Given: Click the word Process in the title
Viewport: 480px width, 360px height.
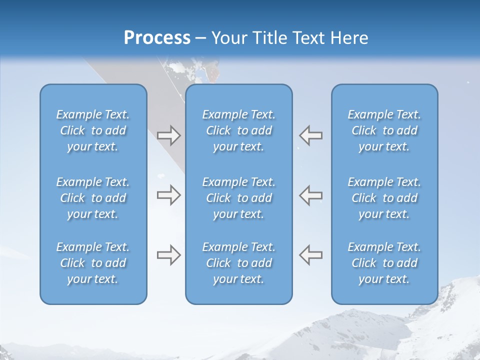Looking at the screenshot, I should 157,38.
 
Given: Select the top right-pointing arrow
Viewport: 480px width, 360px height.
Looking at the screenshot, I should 168,135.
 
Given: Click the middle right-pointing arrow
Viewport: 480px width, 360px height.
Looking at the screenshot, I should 168,195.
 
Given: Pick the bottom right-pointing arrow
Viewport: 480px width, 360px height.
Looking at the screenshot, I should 168,254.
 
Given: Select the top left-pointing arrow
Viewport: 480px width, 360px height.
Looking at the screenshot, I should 311,135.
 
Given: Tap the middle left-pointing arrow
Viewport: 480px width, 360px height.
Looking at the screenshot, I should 311,195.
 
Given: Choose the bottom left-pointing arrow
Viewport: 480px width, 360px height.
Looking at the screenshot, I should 311,254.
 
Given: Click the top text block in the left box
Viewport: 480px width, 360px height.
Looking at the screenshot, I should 93,130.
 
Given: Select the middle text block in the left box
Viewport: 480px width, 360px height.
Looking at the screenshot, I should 93,198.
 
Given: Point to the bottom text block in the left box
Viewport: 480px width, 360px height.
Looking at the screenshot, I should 93,263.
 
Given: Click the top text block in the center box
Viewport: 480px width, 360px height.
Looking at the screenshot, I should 238,130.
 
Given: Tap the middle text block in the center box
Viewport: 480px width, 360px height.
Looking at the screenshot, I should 238,198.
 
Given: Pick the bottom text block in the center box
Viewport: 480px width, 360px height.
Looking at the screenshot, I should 238,263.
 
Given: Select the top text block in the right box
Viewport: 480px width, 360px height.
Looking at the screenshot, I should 384,130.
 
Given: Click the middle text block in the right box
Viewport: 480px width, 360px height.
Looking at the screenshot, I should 384,198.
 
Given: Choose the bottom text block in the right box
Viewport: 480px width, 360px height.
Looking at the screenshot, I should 384,263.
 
